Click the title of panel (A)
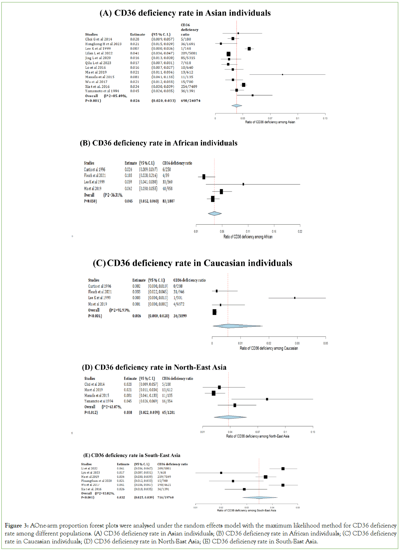185,13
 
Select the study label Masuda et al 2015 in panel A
100,77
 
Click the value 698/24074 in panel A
190,101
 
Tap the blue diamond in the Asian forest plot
237,106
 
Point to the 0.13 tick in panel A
325,118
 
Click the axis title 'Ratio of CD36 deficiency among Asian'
270,122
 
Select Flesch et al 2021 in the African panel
95,176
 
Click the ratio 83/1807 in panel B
168,201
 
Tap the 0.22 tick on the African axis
300,232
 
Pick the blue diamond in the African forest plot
215,214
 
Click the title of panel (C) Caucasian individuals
192,263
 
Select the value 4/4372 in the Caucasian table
179,304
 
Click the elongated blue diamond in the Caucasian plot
237,326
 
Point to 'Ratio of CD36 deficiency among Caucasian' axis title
269,348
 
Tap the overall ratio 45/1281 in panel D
168,413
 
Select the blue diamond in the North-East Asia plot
230,417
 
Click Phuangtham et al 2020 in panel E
97,481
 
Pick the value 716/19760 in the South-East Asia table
165,497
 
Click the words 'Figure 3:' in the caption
17,526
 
